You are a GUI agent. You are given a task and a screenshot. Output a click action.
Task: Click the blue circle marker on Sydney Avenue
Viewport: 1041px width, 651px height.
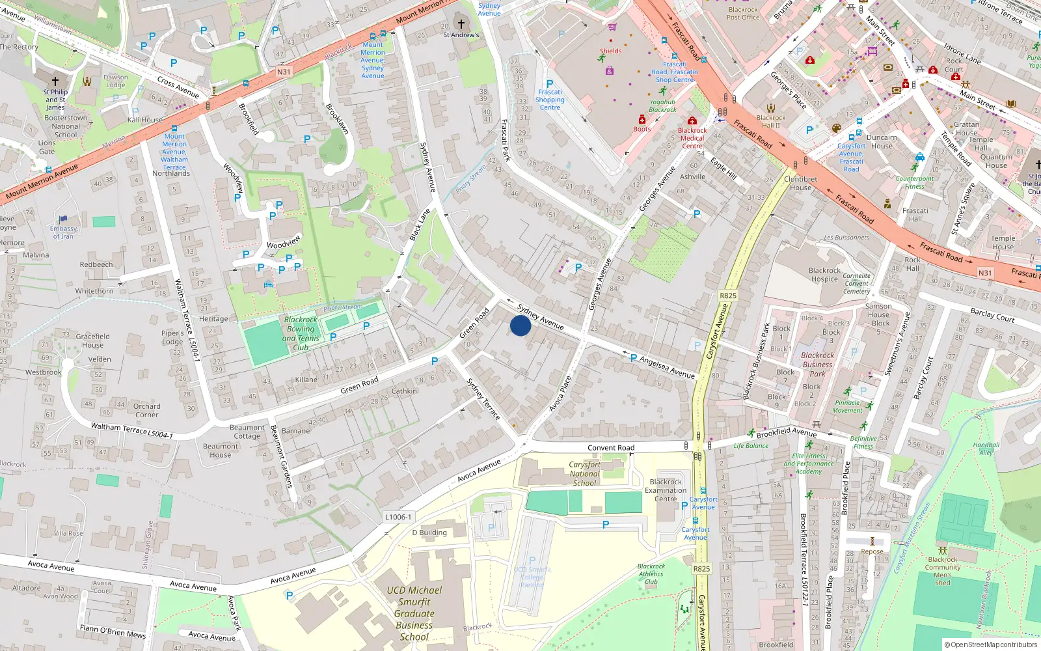520,325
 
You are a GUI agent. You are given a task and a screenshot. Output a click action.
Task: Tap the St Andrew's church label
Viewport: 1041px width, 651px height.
461,35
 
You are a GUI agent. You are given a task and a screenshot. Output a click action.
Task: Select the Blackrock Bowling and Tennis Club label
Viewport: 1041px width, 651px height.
301,333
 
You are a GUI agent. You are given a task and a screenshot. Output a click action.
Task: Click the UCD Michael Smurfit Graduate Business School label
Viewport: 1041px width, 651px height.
414,613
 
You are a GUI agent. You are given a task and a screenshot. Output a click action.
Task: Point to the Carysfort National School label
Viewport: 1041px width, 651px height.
584,474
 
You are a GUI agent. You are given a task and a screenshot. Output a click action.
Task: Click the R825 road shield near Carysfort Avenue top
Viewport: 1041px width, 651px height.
728,296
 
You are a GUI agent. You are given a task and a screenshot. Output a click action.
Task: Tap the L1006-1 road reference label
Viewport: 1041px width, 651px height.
398,517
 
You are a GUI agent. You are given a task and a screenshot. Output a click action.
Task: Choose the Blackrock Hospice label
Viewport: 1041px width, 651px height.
824,275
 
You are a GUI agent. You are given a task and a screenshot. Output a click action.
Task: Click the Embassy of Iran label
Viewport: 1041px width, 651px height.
63,232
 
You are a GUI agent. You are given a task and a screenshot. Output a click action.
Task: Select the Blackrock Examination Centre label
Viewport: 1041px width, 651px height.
666,491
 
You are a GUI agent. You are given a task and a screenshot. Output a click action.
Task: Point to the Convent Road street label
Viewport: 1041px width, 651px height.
611,448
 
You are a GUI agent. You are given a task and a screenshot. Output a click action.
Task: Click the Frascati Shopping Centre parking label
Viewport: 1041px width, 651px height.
550,100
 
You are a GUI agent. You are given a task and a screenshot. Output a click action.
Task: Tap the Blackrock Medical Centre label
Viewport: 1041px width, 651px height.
692,138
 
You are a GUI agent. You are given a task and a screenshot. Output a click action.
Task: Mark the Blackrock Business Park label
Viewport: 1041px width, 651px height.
817,365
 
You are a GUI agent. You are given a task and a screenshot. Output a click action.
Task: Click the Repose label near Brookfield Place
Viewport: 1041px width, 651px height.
872,551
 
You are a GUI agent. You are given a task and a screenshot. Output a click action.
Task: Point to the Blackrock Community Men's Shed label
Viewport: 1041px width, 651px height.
943,571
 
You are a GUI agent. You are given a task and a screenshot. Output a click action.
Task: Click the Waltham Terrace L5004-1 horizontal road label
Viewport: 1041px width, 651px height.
131,431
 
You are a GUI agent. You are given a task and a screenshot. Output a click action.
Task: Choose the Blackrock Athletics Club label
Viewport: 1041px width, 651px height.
651,574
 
